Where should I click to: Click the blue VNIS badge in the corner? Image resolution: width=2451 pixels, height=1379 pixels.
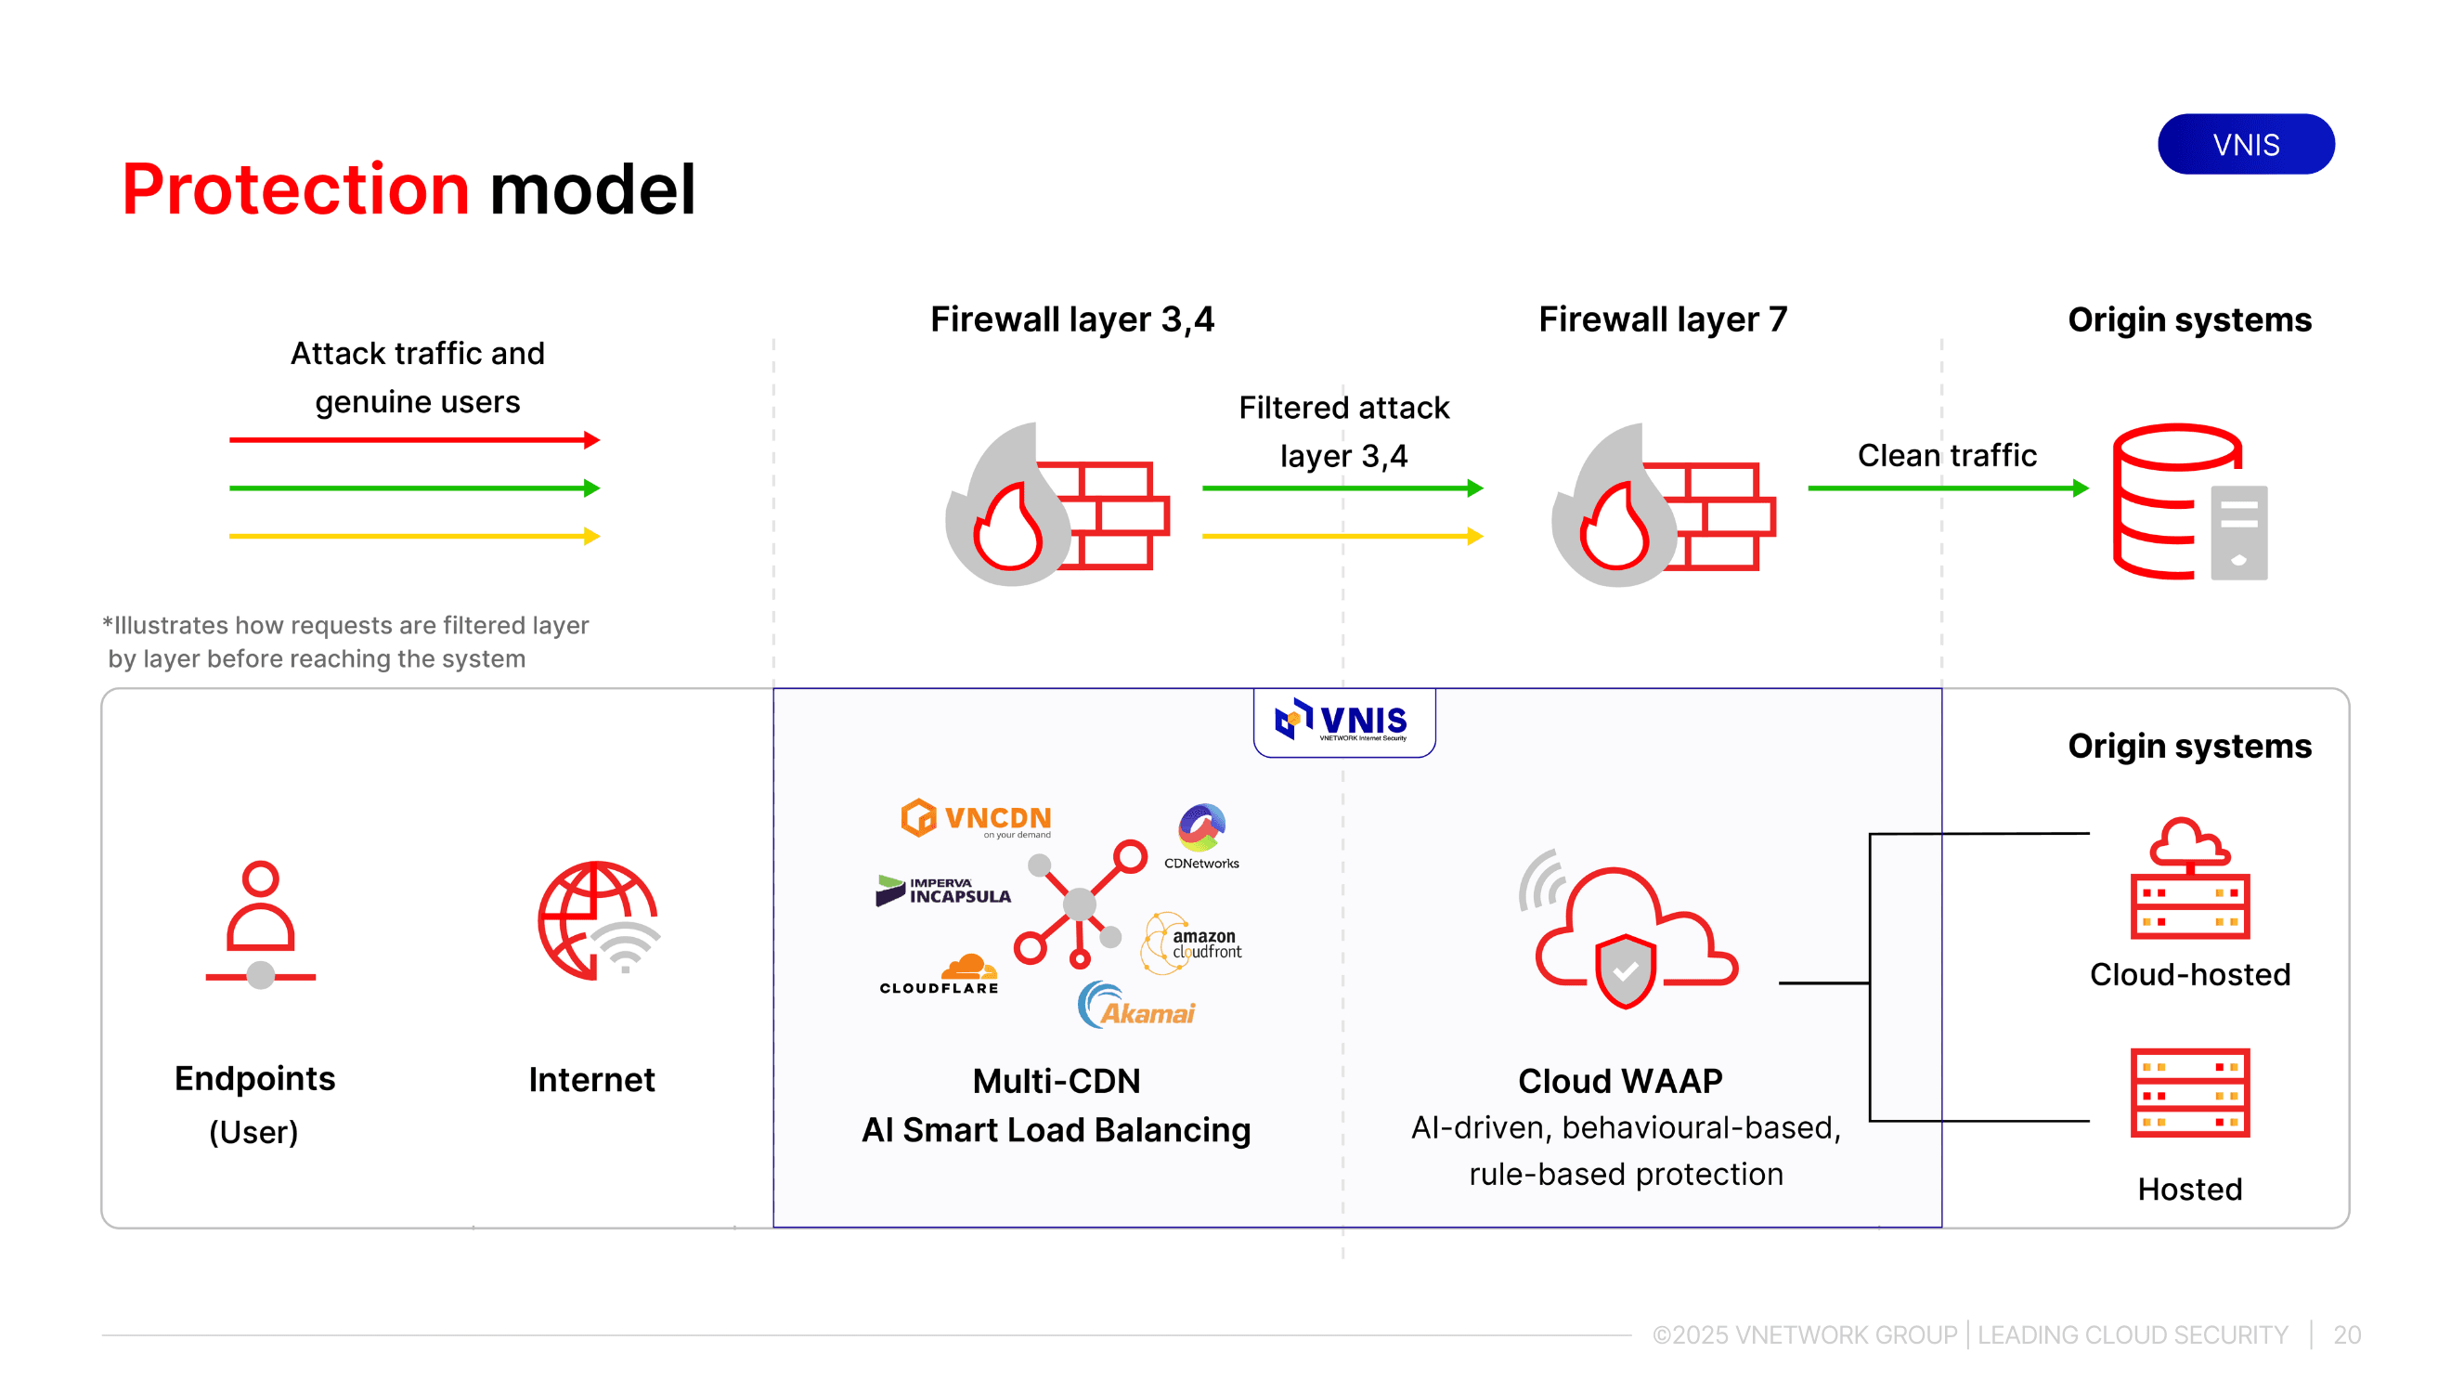2245,145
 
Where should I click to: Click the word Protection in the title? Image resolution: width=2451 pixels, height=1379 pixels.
295,189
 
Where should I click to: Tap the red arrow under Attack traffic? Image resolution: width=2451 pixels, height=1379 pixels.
414,439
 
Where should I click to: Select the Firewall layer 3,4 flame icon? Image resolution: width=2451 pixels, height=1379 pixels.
1057,505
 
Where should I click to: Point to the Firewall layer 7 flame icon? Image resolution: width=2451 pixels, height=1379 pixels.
1662,505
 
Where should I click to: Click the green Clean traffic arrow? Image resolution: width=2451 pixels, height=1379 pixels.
1947,488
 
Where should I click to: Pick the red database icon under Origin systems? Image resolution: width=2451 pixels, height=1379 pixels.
2188,501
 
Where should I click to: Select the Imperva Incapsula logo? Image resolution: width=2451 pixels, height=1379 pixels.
943,891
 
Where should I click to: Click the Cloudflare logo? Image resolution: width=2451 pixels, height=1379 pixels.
940,974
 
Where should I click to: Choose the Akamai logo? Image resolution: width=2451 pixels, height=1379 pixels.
1136,1006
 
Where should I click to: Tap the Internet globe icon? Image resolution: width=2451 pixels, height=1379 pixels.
599,920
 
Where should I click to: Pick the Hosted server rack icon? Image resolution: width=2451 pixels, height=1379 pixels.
2189,1093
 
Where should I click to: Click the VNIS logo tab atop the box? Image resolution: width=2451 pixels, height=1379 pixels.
1343,722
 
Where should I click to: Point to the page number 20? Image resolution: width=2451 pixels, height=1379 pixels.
2346,1334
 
